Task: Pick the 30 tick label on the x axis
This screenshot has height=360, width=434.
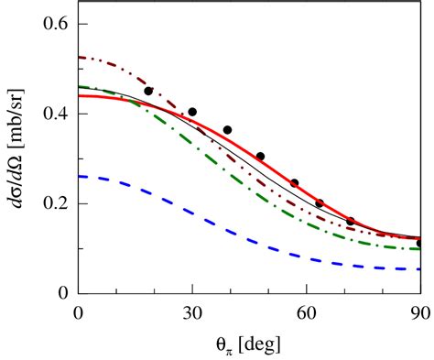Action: (x=192, y=312)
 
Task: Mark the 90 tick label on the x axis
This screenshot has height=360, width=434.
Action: (x=418, y=312)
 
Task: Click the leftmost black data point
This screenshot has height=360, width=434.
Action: (x=148, y=91)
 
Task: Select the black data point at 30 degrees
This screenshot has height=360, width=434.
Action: (x=192, y=112)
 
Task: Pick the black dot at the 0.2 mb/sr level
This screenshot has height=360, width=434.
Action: (x=320, y=203)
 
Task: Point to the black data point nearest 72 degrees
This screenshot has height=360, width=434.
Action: (x=351, y=221)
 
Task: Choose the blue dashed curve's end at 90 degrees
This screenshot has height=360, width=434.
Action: (x=418, y=269)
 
